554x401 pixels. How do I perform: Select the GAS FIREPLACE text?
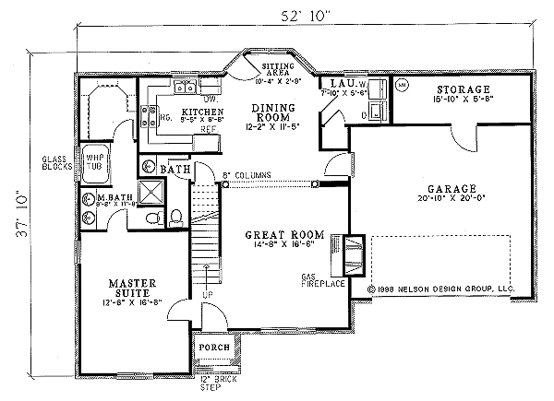318,280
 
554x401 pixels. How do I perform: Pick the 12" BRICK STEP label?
214,383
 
